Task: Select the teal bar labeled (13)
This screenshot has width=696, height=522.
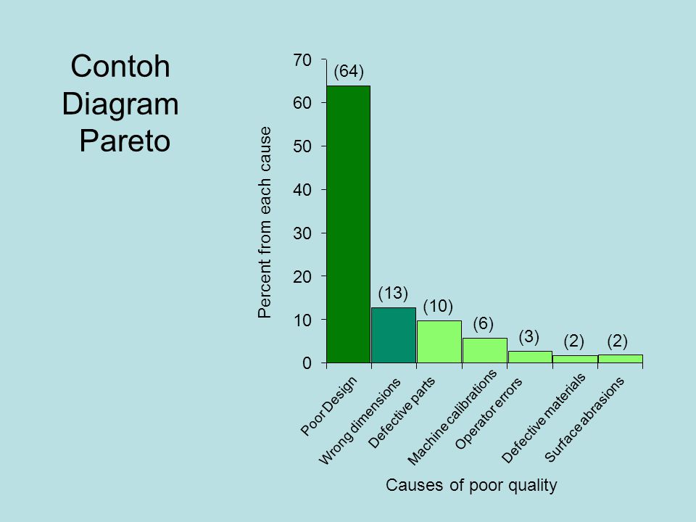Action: (x=394, y=335)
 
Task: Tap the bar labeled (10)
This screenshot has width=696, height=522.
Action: (x=439, y=341)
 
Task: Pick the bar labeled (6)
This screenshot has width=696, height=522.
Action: (x=485, y=349)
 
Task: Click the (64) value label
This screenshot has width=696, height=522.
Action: (x=348, y=71)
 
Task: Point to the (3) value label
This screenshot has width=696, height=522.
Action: (x=530, y=336)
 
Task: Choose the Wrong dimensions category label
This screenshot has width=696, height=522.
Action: (x=361, y=420)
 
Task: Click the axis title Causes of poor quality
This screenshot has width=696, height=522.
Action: (x=471, y=486)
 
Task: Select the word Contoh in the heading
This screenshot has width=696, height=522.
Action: (x=121, y=67)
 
